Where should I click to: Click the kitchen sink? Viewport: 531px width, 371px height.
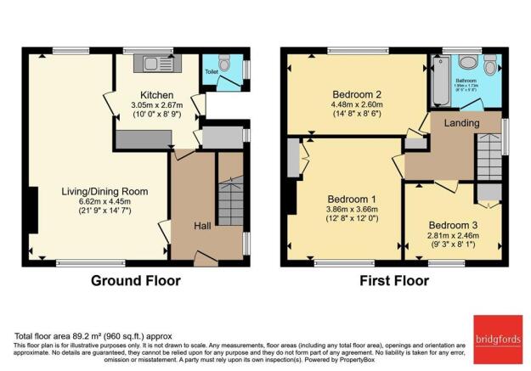pos(158,61)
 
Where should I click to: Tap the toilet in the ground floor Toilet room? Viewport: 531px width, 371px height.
pos(223,63)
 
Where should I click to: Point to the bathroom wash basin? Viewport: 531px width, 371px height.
pos(467,62)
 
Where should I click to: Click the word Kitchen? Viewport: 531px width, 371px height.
pos(157,94)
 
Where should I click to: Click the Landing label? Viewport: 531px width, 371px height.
pos(460,123)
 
